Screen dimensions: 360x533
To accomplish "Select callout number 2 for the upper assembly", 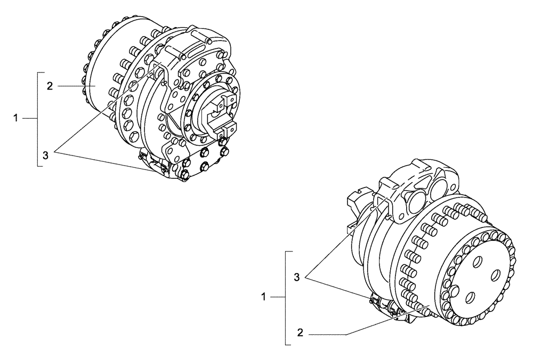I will coord(50,86).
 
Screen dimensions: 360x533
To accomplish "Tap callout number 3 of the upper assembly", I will coord(46,155).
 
